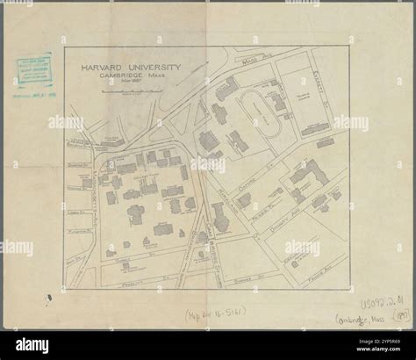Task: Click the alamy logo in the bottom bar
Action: (36, 345)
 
